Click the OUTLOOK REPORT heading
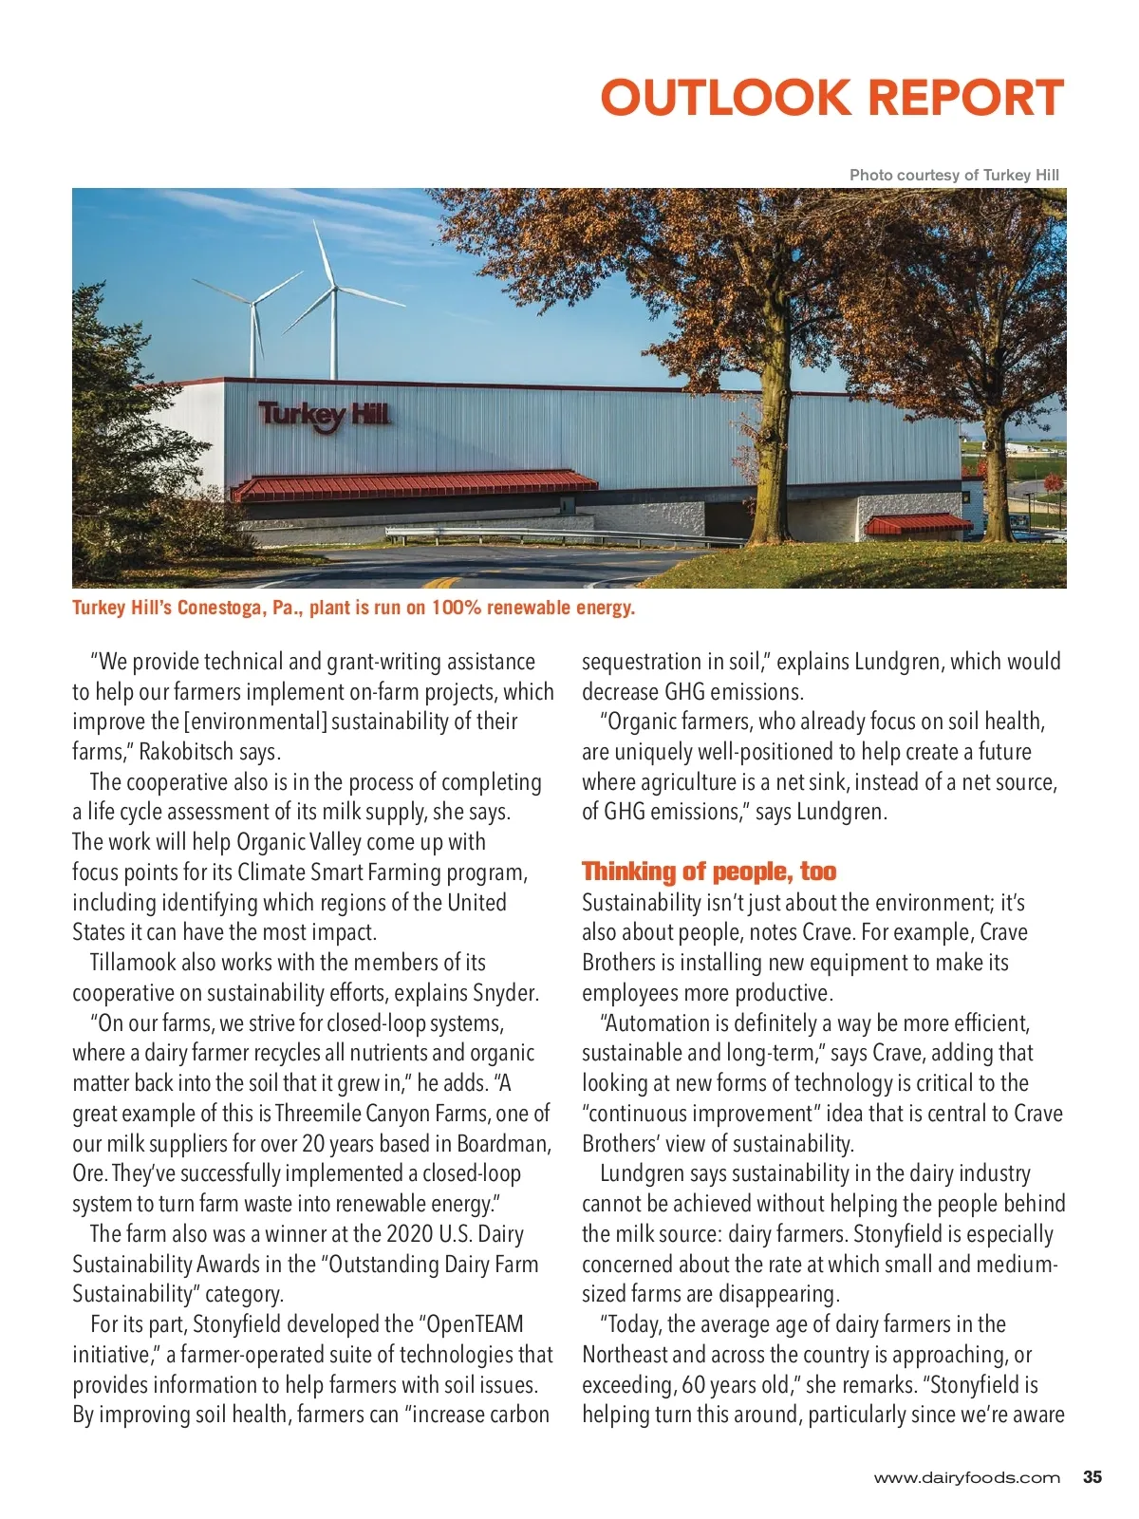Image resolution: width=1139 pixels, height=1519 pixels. click(x=831, y=98)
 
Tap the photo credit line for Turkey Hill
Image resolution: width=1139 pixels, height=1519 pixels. click(x=953, y=175)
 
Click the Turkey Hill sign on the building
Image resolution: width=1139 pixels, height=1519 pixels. click(x=324, y=415)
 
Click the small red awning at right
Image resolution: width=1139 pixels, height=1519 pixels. click(x=918, y=523)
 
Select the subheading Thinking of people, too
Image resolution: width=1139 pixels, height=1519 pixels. click(x=709, y=872)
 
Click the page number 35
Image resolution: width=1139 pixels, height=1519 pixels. click(x=1092, y=1477)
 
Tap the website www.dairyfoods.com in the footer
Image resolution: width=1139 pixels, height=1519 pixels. click(x=966, y=1478)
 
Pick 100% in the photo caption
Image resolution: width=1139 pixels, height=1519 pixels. click(x=457, y=608)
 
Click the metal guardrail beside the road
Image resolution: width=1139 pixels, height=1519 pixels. click(x=569, y=534)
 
